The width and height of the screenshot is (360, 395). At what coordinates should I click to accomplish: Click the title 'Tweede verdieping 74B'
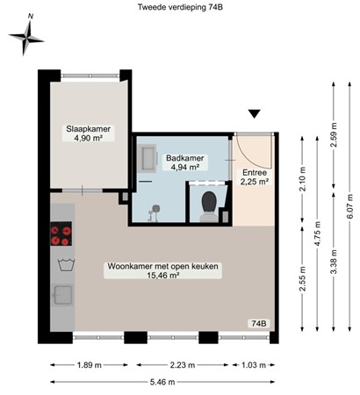click(x=179, y=9)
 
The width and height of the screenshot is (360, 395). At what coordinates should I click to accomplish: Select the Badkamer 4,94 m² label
click(x=184, y=162)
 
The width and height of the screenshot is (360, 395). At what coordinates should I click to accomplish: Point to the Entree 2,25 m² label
click(x=255, y=177)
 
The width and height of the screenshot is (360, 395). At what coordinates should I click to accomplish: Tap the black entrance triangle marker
click(x=255, y=114)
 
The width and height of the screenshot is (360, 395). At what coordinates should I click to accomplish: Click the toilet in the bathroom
click(x=209, y=205)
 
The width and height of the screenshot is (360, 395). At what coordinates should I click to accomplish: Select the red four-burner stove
click(x=61, y=234)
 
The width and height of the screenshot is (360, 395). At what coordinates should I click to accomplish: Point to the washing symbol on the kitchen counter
click(x=61, y=263)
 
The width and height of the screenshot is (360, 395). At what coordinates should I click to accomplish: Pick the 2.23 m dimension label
click(x=184, y=365)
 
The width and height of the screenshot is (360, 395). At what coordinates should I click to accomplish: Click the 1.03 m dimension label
click(x=253, y=365)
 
